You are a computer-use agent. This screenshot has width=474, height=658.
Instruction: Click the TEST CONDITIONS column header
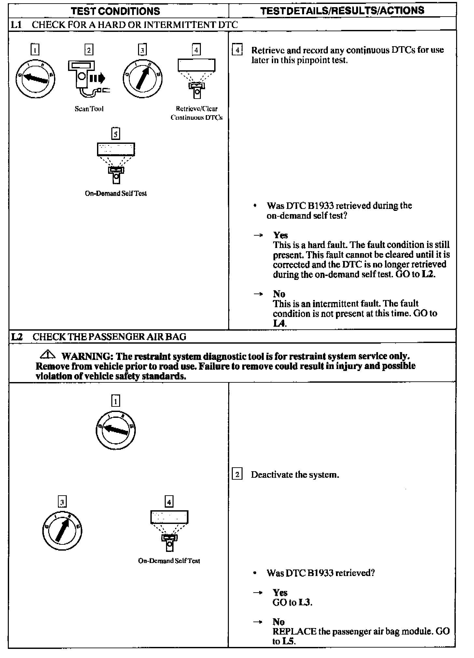116,11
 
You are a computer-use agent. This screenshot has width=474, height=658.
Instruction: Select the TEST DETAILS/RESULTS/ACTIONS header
342,10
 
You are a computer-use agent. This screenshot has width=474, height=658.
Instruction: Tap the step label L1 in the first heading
16,25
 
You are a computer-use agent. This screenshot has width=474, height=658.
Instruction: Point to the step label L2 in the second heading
17,336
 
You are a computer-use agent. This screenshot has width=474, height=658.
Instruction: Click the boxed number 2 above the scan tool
89,50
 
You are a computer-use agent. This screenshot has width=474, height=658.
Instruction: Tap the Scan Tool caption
89,109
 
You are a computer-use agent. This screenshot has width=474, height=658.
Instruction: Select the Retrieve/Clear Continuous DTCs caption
196,113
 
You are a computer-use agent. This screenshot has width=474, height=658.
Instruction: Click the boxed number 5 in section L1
116,134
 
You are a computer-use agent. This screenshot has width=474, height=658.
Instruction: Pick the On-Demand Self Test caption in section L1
116,193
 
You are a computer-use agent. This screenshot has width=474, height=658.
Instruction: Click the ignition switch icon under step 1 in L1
35,78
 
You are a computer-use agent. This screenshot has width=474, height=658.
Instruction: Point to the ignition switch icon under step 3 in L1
142,78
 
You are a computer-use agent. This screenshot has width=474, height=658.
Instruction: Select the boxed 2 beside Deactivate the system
237,474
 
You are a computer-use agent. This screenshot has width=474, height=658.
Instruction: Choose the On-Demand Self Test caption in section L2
169,561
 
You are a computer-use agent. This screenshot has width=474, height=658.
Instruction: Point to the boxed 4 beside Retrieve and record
237,50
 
